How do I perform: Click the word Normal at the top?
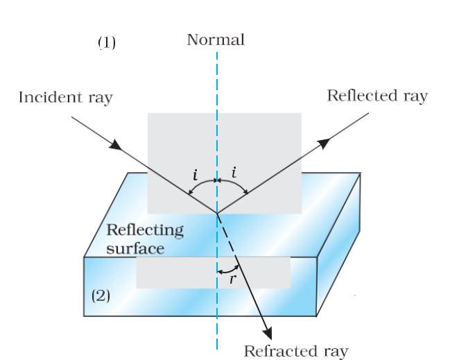(216, 40)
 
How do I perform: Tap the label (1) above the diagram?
(106, 43)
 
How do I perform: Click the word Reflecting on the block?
(144, 230)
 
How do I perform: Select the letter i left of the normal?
(196, 170)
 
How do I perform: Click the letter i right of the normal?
(234, 169)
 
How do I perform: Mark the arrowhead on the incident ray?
(116, 147)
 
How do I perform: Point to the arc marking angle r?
(229, 269)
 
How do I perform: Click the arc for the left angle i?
(202, 183)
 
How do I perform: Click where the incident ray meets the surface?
(216, 213)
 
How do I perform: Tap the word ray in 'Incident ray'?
(99, 98)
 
